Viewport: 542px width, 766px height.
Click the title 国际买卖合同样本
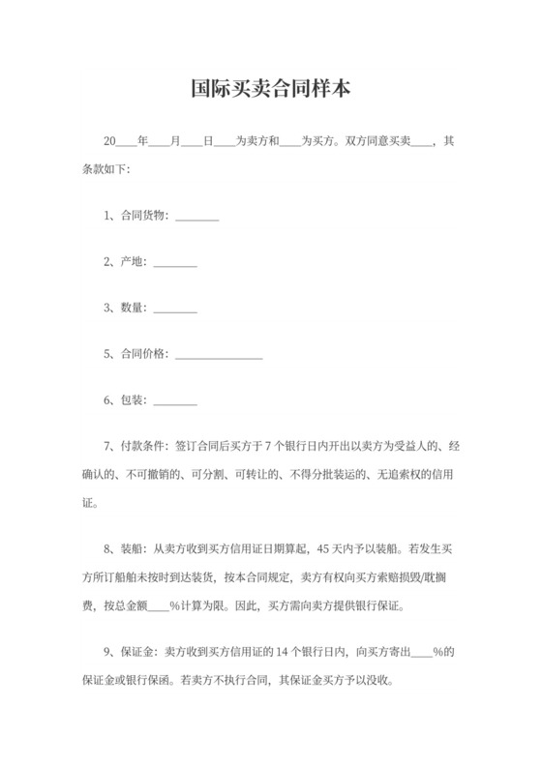click(270, 89)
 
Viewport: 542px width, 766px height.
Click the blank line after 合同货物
click(197, 219)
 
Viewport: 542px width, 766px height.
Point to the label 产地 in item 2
click(133, 262)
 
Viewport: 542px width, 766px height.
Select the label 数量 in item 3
click(133, 309)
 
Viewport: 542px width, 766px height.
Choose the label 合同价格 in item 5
click(143, 355)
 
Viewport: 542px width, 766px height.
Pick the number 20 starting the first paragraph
click(109, 142)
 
